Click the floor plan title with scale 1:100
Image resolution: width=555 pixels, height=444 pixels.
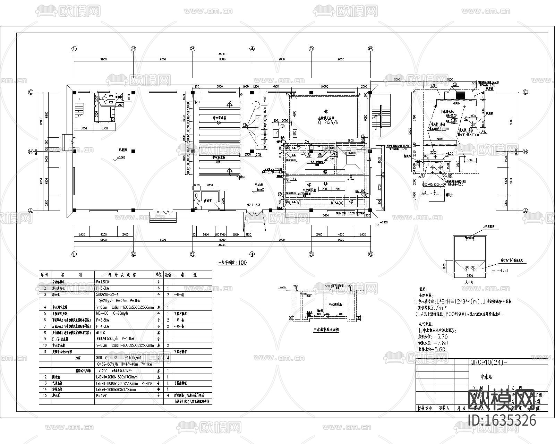click(232, 263)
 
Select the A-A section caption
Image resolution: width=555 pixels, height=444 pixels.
click(469, 282)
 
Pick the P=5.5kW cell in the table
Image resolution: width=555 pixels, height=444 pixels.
click(102, 320)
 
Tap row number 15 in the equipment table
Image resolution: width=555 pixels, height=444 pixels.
click(45, 395)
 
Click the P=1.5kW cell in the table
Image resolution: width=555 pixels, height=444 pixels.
click(102, 282)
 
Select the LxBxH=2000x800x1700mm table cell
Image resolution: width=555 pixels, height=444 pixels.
click(116, 390)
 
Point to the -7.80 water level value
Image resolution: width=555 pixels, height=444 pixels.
click(438, 343)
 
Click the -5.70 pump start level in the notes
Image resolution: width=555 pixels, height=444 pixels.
click(438, 336)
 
